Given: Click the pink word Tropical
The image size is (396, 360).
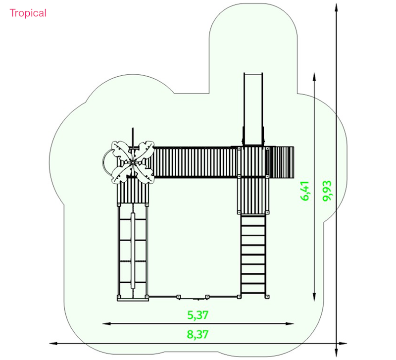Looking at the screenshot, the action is pyautogui.click(x=28, y=13).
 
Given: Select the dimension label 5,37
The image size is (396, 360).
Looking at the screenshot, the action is pyautogui.click(x=198, y=315).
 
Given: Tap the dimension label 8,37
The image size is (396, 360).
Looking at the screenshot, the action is pyautogui.click(x=198, y=334).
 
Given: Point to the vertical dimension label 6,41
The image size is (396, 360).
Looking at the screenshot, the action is pyautogui.click(x=305, y=191).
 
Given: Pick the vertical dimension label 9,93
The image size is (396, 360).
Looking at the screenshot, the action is pyautogui.click(x=327, y=191).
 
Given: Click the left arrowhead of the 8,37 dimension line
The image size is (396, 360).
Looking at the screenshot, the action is pyautogui.click(x=53, y=343).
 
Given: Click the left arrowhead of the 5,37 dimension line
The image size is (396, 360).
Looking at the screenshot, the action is pyautogui.click(x=106, y=323).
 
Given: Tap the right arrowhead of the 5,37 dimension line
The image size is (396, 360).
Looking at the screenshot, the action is pyautogui.click(x=290, y=323).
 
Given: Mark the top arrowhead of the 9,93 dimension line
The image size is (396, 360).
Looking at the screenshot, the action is pyautogui.click(x=336, y=7).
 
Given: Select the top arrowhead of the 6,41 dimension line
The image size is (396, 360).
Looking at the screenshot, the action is pyautogui.click(x=314, y=77).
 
